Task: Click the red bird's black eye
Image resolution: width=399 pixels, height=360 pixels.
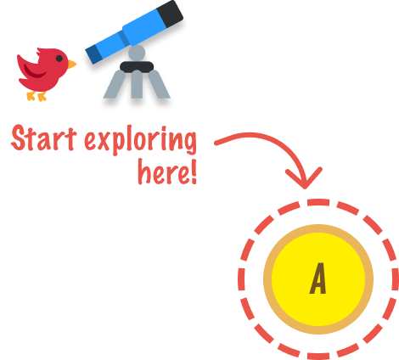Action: pyautogui.click(x=59, y=59)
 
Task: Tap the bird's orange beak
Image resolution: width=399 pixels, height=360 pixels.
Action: pyautogui.click(x=71, y=65)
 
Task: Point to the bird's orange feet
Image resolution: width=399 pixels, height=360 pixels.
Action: pyautogui.click(x=37, y=96)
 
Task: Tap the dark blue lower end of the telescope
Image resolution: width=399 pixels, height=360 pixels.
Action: pyautogui.click(x=93, y=54)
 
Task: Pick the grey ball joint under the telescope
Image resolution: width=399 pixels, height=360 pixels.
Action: pyautogui.click(x=137, y=53)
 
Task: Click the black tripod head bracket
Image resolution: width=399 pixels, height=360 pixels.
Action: pyautogui.click(x=137, y=67)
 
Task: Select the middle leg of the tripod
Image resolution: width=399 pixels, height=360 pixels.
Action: pyautogui.click(x=137, y=84)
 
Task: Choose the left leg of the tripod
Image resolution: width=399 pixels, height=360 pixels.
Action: pyautogui.click(x=115, y=85)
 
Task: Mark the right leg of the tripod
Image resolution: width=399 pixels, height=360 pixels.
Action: pyautogui.click(x=159, y=85)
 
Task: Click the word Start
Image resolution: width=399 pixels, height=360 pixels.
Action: pyautogui.click(x=44, y=138)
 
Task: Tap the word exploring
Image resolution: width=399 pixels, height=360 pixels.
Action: pyautogui.click(x=140, y=140)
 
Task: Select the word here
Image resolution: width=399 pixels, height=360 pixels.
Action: pyautogui.click(x=163, y=171)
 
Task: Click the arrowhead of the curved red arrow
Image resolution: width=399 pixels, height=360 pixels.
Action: pyautogui.click(x=304, y=179)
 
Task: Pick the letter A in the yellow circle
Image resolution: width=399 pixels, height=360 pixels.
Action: pyautogui.click(x=318, y=278)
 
